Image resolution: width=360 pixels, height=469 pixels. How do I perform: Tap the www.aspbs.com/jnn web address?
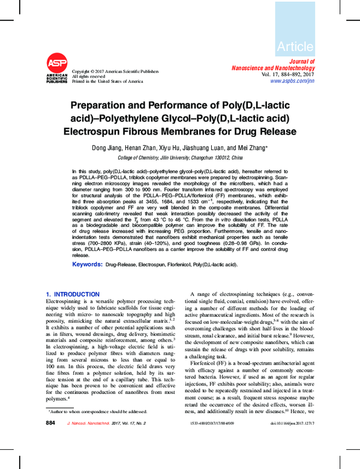point(292,80)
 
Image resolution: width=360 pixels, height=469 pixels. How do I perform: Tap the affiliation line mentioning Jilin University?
point(180,157)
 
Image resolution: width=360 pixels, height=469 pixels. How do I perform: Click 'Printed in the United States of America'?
point(107,81)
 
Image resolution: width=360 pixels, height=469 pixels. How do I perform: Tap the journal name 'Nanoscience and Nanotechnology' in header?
point(272,67)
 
